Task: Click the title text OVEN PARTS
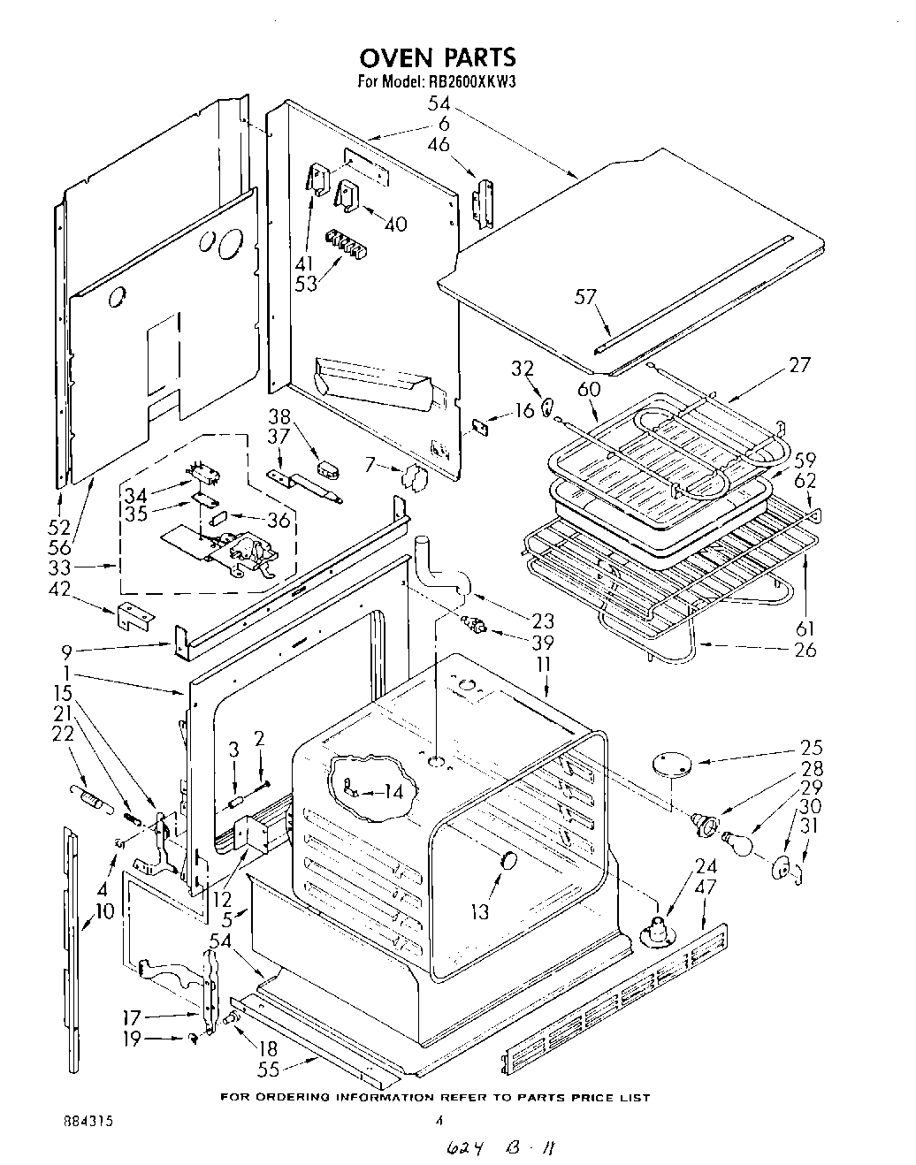pos(437,58)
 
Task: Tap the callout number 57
pos(586,298)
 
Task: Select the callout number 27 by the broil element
pos(798,365)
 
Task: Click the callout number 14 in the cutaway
pos(393,793)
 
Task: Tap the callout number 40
pos(395,225)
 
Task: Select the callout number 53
pos(305,283)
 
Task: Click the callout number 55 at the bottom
pos(268,1070)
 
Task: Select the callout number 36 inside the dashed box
pos(279,521)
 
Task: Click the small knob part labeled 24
pos(655,929)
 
